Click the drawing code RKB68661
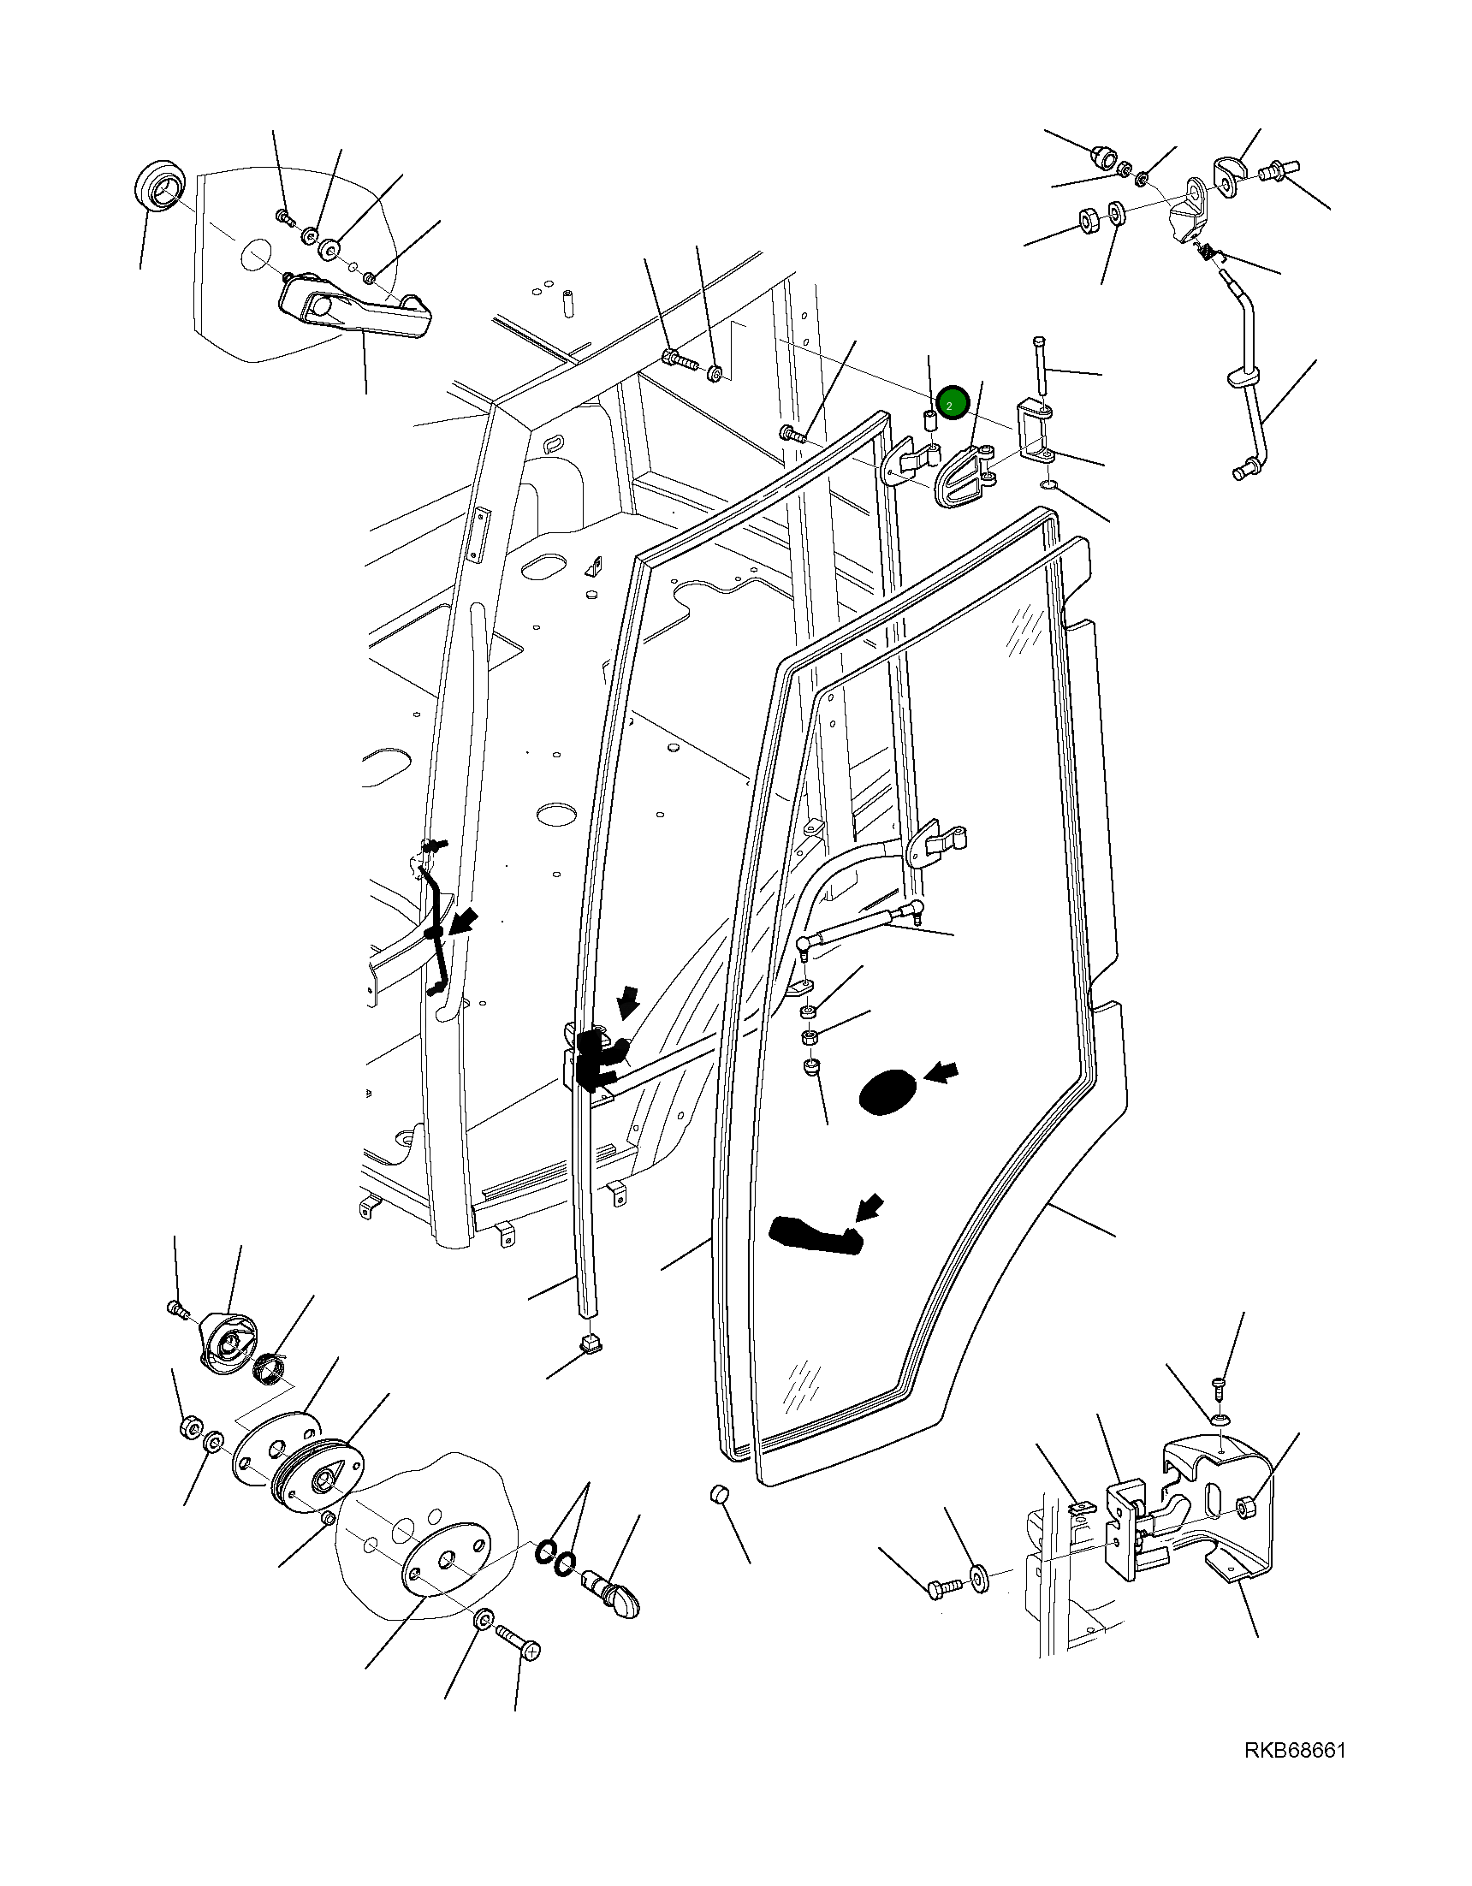point(1294,1752)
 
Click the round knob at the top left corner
point(159,185)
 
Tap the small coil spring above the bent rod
point(1208,252)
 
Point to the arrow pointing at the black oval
point(941,1073)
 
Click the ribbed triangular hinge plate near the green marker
point(962,475)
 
